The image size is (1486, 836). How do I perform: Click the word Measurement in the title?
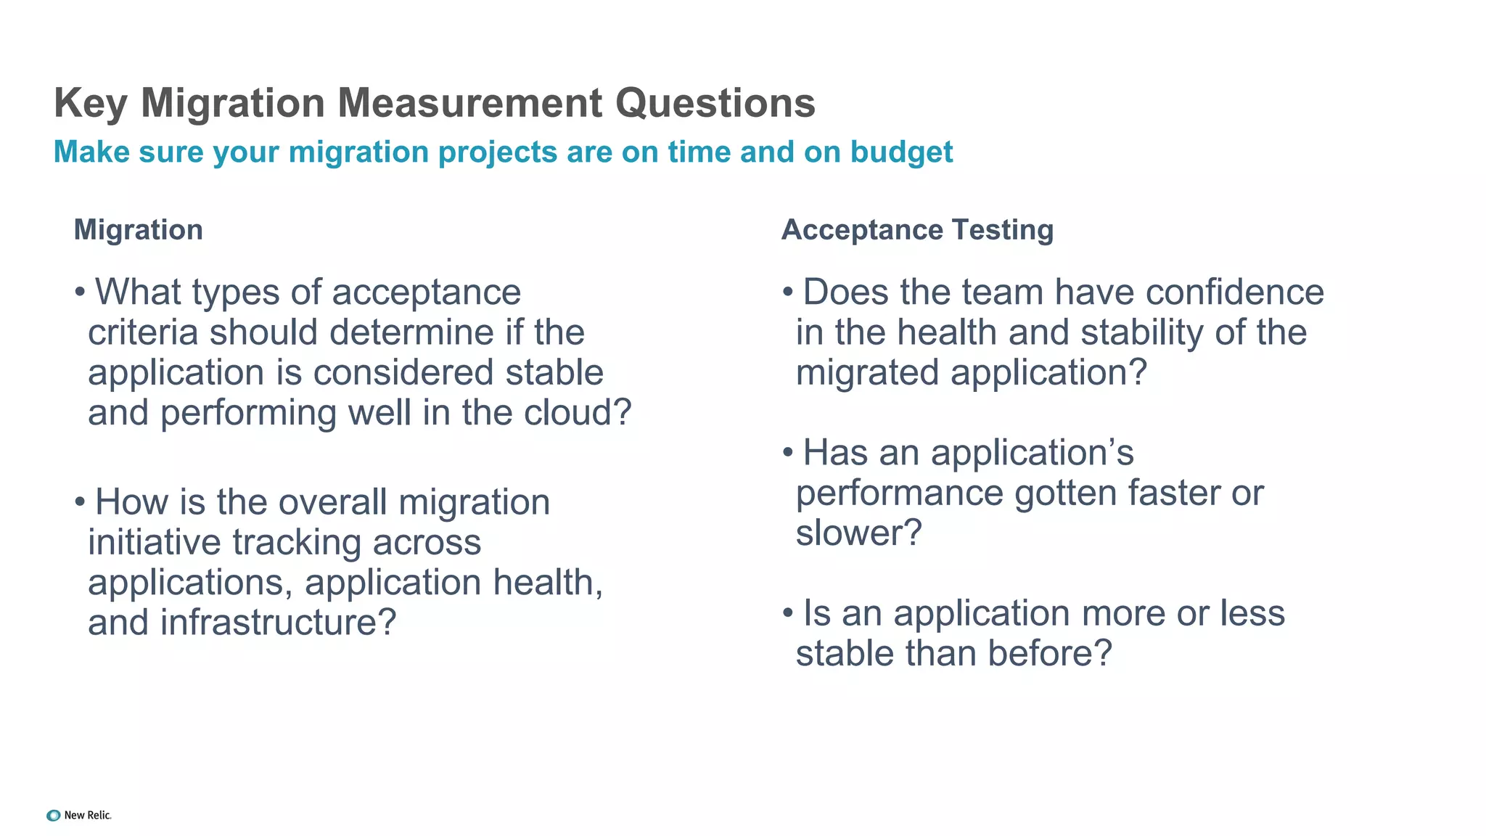tap(469, 103)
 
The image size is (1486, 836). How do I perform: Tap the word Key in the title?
tap(90, 103)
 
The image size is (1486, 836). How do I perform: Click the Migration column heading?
tap(138, 230)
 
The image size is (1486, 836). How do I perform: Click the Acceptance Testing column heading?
tap(917, 230)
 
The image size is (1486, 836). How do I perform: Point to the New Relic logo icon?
tap(54, 815)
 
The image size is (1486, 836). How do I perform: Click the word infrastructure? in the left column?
tap(278, 623)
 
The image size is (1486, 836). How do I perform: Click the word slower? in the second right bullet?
tap(858, 533)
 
